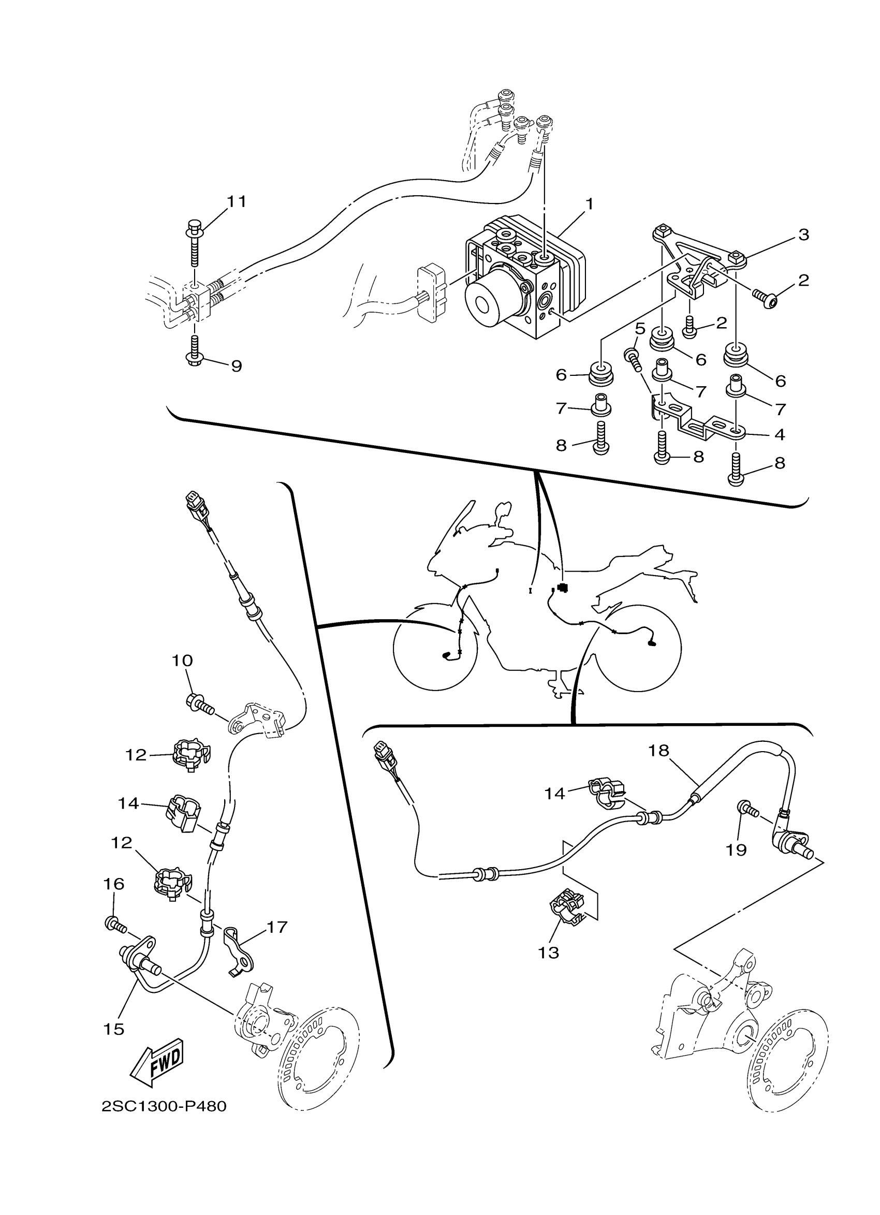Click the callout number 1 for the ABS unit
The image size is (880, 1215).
pos(589,204)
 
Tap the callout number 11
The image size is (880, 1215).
pos(236,201)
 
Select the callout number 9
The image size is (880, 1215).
pos(236,366)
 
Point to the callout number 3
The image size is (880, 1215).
pos(803,234)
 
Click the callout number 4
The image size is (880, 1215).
pos(780,434)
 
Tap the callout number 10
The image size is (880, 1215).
pos(182,661)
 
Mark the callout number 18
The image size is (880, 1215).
pos(659,751)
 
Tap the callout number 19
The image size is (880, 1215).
pos(737,850)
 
